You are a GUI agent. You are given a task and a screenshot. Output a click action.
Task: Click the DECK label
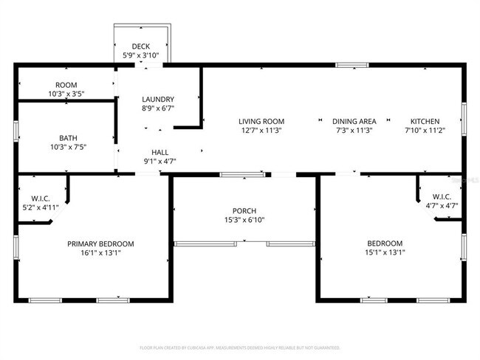pyautogui.click(x=140, y=46)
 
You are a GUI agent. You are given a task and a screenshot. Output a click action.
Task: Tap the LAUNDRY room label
pyautogui.click(x=158, y=100)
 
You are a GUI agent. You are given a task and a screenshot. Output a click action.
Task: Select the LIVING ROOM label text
pyautogui.click(x=261, y=121)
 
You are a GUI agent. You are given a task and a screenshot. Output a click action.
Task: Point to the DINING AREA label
pyautogui.click(x=354, y=121)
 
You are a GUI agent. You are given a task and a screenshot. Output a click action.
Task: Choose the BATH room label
pyautogui.click(x=67, y=137)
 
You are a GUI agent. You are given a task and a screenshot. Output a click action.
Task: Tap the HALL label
pyautogui.click(x=160, y=152)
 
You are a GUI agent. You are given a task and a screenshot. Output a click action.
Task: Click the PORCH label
pyautogui.click(x=244, y=210)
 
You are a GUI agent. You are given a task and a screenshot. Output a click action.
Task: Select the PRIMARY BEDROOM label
pyautogui.click(x=100, y=243)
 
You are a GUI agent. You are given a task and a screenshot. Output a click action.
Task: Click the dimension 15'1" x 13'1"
pyautogui.click(x=385, y=252)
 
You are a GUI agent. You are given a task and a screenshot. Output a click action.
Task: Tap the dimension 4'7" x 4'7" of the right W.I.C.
pyautogui.click(x=441, y=205)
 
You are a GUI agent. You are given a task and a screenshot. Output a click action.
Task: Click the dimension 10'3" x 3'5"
pyautogui.click(x=66, y=94)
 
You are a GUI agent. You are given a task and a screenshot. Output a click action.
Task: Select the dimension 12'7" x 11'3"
pyautogui.click(x=261, y=130)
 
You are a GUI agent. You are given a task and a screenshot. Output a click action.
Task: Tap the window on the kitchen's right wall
pyautogui.click(x=464, y=119)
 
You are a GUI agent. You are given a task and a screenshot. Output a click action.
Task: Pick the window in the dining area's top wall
pyautogui.click(x=353, y=66)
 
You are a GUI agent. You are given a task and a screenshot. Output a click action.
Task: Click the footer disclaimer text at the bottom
pyautogui.click(x=240, y=347)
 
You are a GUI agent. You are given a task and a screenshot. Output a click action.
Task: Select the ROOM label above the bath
pyautogui.click(x=66, y=85)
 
